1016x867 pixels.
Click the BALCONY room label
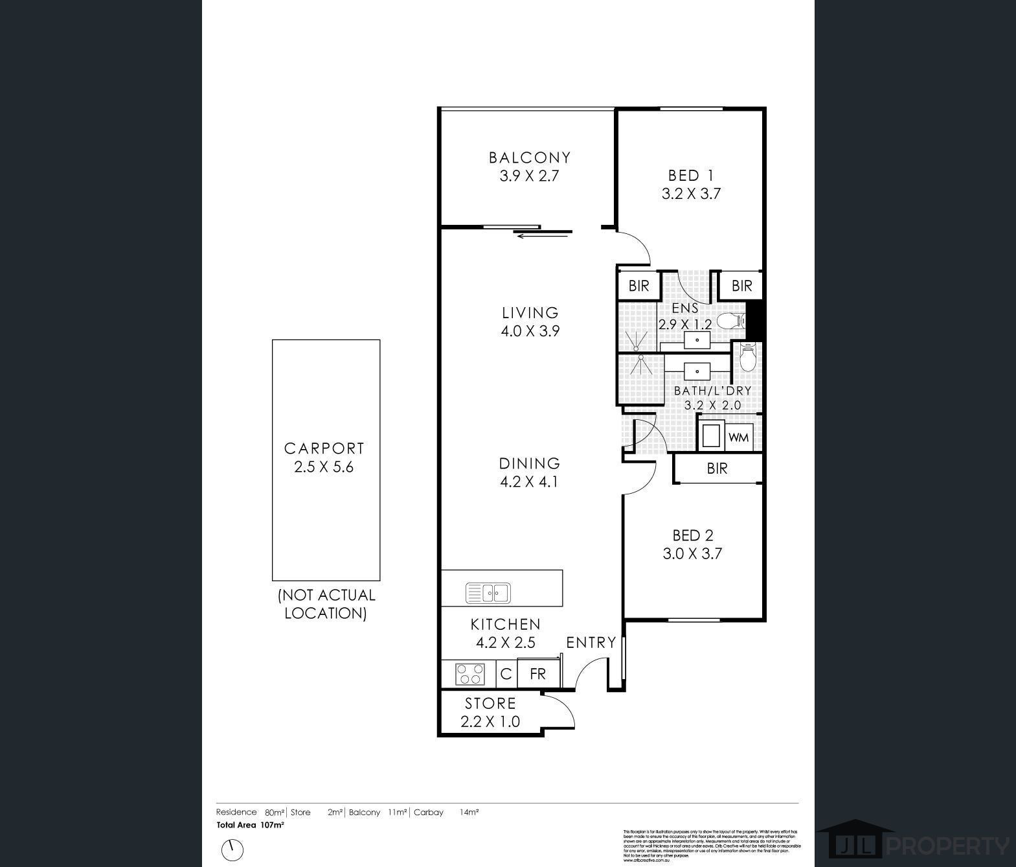pyautogui.click(x=529, y=157)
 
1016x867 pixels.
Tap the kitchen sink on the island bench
pyautogui.click(x=489, y=593)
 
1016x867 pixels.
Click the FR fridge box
pyautogui.click(x=537, y=674)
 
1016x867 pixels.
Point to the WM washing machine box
pyautogui.click(x=738, y=437)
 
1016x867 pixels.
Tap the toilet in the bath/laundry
pyautogui.click(x=748, y=357)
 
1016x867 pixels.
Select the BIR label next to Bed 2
pyautogui.click(x=717, y=468)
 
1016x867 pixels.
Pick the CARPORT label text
pyautogui.click(x=324, y=448)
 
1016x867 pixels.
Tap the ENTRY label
pyautogui.click(x=591, y=642)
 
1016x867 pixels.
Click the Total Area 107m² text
pyautogui.click(x=250, y=826)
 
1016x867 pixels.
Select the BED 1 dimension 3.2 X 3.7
pyautogui.click(x=691, y=194)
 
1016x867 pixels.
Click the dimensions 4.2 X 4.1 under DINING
pyautogui.click(x=529, y=481)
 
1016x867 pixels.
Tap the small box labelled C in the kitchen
pyautogui.click(x=506, y=674)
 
